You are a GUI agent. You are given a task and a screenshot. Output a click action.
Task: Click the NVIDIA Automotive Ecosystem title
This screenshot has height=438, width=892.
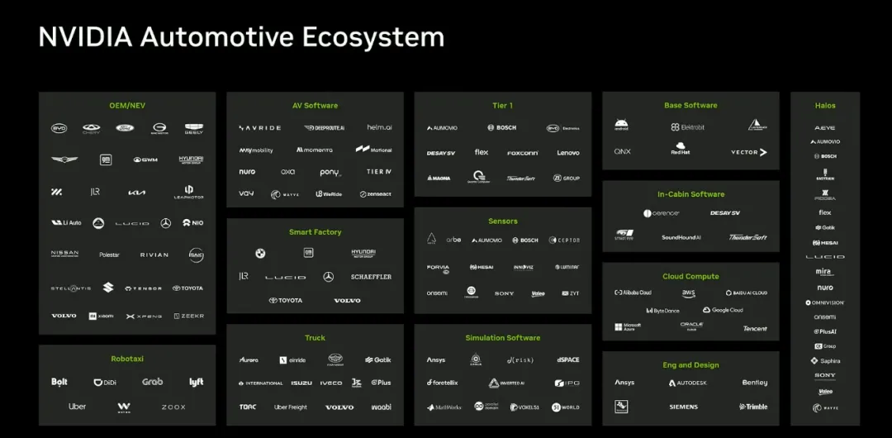point(241,37)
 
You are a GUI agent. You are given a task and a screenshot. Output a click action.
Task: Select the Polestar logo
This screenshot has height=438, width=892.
point(109,255)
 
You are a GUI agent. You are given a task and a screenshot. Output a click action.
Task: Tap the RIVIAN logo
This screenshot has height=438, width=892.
point(154,255)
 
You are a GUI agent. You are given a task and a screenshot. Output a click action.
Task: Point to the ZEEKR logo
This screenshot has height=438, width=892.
point(192,316)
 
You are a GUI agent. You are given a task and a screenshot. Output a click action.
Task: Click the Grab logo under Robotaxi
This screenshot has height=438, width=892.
point(152,382)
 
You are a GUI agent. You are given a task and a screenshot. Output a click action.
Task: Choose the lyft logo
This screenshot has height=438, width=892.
point(196,383)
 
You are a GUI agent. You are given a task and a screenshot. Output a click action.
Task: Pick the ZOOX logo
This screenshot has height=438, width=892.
point(173,407)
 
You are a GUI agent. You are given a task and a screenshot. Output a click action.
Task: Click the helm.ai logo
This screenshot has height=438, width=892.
point(379,127)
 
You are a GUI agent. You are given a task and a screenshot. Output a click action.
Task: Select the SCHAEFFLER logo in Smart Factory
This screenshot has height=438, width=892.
point(371,277)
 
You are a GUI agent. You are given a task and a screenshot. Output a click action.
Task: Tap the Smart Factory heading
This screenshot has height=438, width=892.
point(315,232)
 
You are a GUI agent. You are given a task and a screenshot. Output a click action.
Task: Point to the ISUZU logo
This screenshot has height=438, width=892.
point(301,383)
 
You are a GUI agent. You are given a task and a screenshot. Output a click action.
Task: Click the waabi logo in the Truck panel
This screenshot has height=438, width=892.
point(381,407)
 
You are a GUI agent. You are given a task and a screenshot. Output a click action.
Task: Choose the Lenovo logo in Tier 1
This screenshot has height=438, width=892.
point(568,153)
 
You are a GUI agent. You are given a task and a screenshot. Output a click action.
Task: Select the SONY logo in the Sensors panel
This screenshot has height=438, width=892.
point(504,293)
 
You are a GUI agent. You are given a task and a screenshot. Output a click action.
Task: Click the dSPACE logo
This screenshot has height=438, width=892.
point(568,359)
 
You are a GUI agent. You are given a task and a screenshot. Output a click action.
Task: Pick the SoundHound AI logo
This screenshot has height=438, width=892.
point(681,237)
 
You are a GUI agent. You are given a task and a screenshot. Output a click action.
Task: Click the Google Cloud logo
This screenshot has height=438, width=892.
point(723,310)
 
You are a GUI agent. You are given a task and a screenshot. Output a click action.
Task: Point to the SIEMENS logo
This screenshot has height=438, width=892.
point(683,407)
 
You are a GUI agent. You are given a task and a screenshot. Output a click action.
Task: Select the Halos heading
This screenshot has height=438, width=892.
point(824,106)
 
